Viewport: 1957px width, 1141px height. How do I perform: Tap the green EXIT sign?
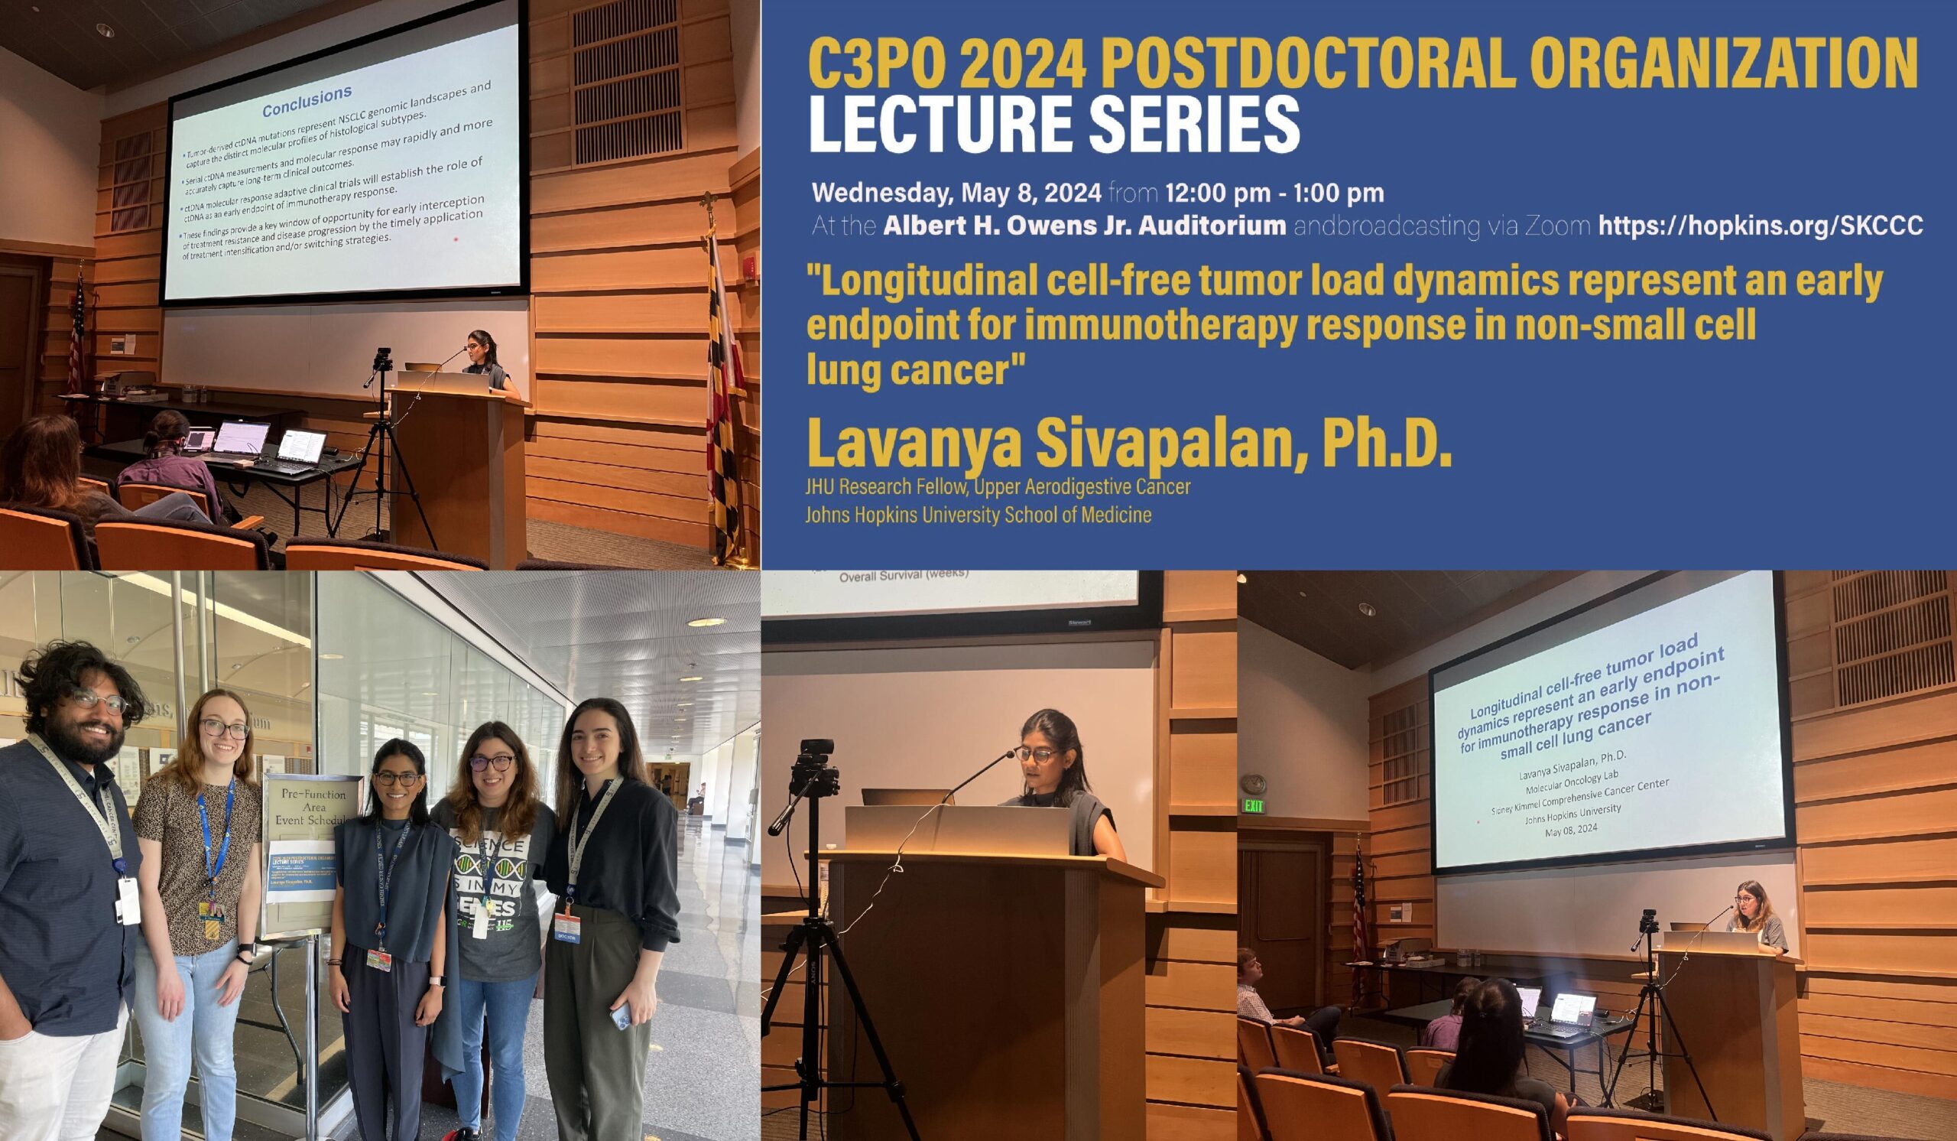[1254, 805]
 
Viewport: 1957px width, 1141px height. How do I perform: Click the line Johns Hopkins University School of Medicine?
[978, 514]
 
